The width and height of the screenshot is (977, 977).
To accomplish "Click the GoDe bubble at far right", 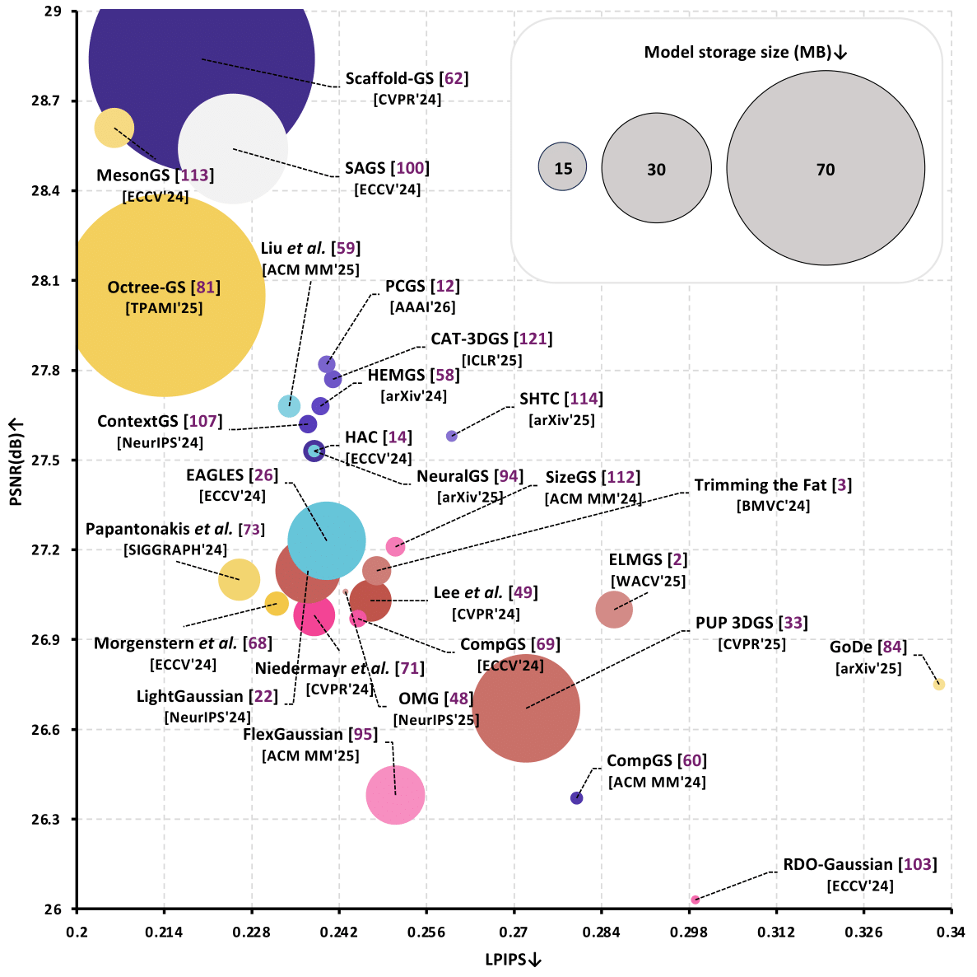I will [938, 684].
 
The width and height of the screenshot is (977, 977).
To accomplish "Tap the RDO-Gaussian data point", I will [696, 900].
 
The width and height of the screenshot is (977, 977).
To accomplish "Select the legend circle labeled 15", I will [562, 167].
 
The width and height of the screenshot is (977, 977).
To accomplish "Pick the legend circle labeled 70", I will [826, 169].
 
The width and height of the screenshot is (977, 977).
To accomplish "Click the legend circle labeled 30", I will [656, 168].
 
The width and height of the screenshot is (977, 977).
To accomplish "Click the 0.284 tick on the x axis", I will [601, 932].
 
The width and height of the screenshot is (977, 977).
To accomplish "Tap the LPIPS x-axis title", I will [513, 959].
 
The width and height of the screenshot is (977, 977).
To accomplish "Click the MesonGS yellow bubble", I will [114, 128].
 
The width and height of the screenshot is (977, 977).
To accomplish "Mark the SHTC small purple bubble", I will [451, 436].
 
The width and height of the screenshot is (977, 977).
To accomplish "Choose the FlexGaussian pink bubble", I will [395, 795].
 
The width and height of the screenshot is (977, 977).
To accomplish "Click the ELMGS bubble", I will [613, 609].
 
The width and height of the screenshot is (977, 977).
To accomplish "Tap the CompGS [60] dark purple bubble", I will [577, 797].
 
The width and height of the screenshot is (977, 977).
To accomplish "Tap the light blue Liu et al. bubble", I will [289, 405].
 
